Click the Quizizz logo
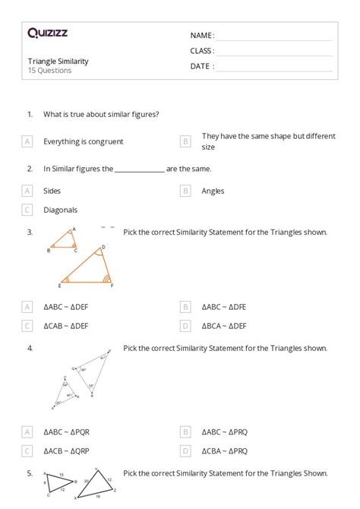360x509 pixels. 48,33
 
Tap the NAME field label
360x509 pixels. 202,36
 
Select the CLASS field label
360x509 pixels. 202,51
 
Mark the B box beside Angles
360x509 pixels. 185,191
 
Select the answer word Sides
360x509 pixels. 52,191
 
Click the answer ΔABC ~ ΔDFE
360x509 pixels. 224,307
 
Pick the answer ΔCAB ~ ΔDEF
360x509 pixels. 66,326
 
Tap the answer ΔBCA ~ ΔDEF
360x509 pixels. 224,326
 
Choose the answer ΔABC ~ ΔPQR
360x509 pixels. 66,432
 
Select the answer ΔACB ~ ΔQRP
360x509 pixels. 66,451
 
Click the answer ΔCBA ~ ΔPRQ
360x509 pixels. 224,451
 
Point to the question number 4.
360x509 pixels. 30,349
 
